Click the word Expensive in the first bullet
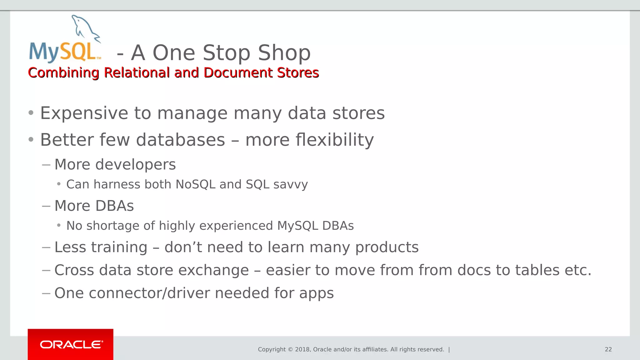pyautogui.click(x=84, y=113)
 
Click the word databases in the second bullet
pyautogui.click(x=180, y=140)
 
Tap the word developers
pyautogui.click(x=135, y=164)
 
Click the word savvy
pyautogui.click(x=290, y=185)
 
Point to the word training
pyautogui.click(x=119, y=247)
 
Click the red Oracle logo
pyautogui.click(x=71, y=344)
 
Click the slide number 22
pyautogui.click(x=608, y=349)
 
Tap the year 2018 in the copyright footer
pyautogui.click(x=302, y=349)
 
